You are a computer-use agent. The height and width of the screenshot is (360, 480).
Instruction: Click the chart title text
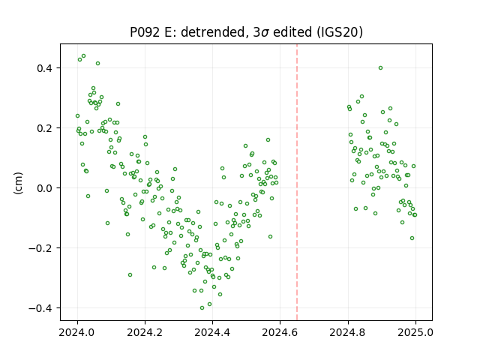tap(247, 32)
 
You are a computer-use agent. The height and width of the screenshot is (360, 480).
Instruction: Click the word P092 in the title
tap(145, 32)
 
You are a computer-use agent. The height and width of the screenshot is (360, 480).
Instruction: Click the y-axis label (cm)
tap(18, 183)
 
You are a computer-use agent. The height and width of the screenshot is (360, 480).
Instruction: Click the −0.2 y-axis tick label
tap(43, 248)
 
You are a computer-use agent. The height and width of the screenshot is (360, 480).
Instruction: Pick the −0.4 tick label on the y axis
tap(43, 308)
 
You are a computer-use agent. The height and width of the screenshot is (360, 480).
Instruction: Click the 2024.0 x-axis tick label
tap(77, 331)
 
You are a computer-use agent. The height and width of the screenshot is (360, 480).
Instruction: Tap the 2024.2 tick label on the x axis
tap(145, 331)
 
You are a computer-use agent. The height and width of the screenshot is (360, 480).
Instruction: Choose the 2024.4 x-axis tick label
tap(212, 331)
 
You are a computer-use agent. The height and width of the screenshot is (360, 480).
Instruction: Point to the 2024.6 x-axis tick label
tap(280, 331)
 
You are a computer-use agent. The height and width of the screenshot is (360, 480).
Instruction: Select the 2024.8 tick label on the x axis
tap(348, 331)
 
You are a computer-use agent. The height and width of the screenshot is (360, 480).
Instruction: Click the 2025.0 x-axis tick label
tap(415, 331)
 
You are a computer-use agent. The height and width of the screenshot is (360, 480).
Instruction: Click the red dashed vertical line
tap(297, 182)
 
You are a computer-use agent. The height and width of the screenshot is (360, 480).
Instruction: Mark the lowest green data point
tap(202, 308)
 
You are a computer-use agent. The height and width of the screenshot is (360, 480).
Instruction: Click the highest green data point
tap(83, 56)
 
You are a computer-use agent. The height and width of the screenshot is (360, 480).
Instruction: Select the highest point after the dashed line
tap(380, 68)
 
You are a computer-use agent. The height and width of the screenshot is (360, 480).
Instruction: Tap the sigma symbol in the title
tap(265, 33)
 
